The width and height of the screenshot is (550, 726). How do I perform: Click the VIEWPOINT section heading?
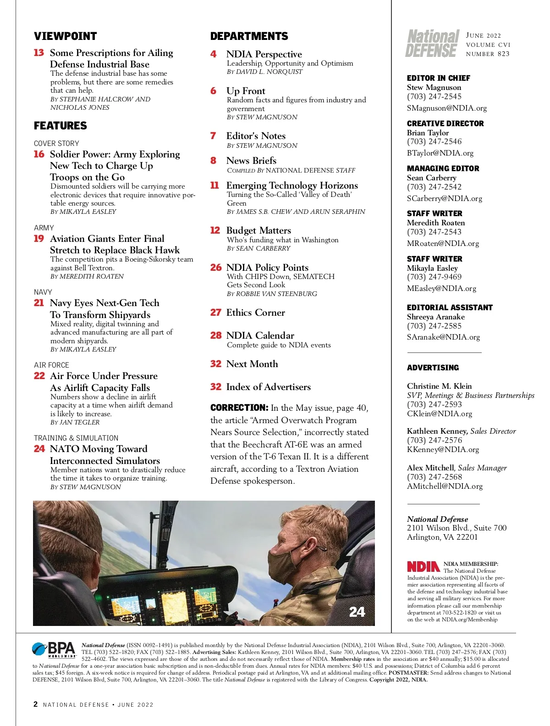(65, 36)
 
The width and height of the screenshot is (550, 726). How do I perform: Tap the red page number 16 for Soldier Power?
(39, 154)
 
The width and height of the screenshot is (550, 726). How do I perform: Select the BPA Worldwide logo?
(54, 650)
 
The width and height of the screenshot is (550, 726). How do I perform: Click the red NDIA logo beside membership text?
(423, 566)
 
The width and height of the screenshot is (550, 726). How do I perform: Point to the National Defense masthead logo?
(432, 44)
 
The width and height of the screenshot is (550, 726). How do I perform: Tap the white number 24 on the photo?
(357, 611)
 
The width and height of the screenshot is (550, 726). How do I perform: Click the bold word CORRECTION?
(239, 408)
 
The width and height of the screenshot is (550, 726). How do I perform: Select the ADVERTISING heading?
(433, 368)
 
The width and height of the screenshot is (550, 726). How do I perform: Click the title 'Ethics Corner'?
(255, 313)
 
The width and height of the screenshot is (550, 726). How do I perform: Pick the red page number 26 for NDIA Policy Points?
(216, 268)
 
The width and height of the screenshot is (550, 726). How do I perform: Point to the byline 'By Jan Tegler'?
(75, 422)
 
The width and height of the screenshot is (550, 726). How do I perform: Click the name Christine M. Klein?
(439, 386)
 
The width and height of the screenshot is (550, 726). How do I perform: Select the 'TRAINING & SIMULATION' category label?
(76, 438)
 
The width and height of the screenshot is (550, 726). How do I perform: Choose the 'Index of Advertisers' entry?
(268, 387)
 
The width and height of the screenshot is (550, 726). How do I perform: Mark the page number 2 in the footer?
(36, 704)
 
